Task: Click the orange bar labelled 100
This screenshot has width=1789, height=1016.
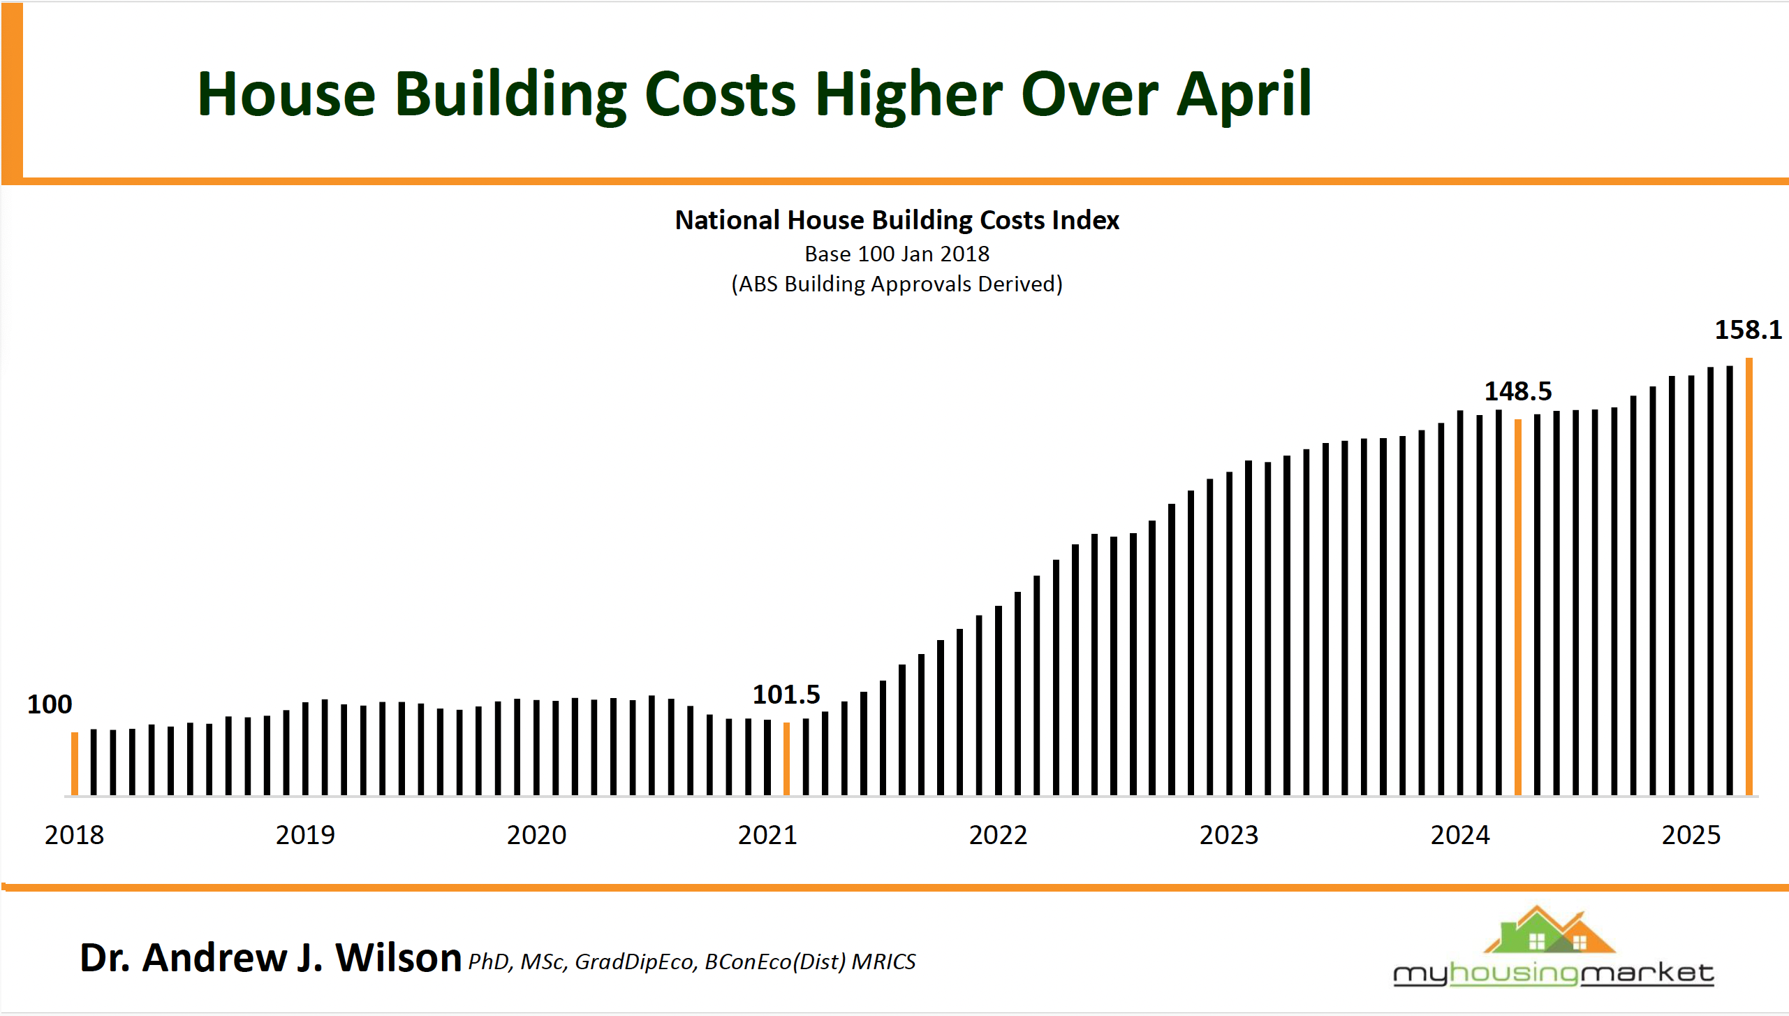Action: (x=75, y=763)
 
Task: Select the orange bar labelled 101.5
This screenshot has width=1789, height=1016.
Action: (x=786, y=758)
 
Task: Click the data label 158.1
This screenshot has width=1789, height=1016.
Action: (x=1748, y=330)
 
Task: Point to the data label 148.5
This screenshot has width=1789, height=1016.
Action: (x=1517, y=391)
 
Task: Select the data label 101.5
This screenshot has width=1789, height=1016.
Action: (x=786, y=695)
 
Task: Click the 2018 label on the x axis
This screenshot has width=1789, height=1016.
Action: (x=74, y=835)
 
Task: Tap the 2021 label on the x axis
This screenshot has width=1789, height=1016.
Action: (x=767, y=835)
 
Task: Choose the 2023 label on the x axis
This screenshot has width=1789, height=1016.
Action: (x=1228, y=835)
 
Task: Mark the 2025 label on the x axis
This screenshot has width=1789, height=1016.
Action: (x=1691, y=835)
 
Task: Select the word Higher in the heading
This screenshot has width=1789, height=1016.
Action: (x=908, y=94)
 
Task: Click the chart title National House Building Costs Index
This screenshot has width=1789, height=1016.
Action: (x=897, y=220)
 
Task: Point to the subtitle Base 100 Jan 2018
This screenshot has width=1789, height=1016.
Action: (x=897, y=254)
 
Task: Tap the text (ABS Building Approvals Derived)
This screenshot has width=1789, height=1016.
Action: (x=897, y=284)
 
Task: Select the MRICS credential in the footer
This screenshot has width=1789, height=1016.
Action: (x=883, y=962)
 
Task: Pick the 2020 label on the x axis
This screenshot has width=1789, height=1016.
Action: (x=536, y=835)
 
